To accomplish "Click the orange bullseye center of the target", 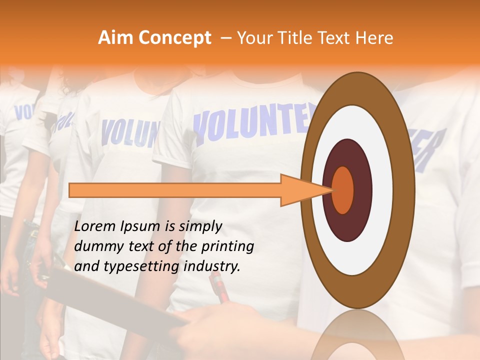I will tap(343, 190).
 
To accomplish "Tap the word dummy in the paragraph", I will tap(95, 246).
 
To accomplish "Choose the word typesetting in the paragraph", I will tap(132, 266).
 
